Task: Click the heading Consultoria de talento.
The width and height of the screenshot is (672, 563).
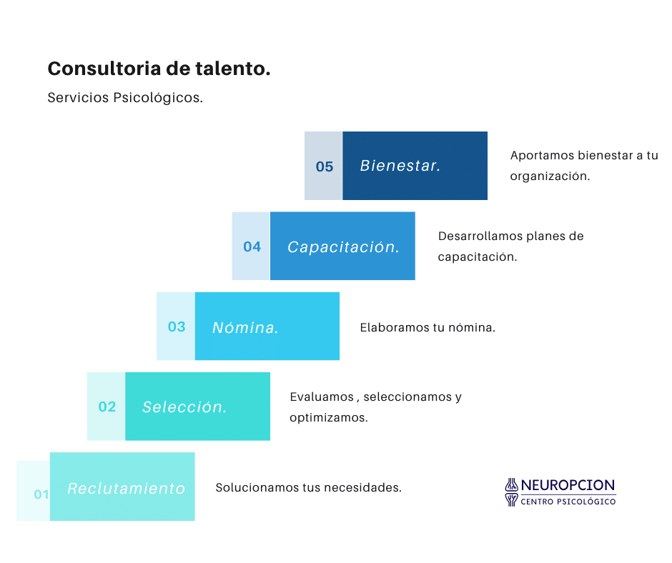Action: point(159,69)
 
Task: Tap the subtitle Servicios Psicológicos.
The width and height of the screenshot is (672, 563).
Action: point(125,98)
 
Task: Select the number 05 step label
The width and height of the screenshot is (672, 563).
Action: point(325,166)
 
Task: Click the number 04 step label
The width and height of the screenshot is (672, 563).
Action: point(252,246)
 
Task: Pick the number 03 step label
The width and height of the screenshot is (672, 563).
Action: point(177,327)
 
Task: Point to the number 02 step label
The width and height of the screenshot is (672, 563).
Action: point(107,407)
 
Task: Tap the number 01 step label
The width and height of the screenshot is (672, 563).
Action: point(41,494)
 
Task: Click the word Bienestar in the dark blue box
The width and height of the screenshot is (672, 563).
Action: point(400,165)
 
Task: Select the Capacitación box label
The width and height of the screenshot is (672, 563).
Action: point(344,246)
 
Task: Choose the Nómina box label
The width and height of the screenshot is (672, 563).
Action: point(246,327)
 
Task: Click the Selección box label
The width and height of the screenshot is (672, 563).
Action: point(184,407)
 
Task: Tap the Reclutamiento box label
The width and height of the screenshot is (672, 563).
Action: point(126,488)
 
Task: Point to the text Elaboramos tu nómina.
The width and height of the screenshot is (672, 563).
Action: point(428,327)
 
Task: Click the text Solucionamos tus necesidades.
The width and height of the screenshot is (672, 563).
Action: point(309,487)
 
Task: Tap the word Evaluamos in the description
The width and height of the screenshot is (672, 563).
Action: point(322,397)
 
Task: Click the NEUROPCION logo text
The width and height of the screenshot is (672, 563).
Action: point(568,485)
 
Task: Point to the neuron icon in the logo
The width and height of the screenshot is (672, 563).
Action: point(511,492)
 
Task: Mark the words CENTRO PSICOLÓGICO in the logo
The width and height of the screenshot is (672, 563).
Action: point(568,502)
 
